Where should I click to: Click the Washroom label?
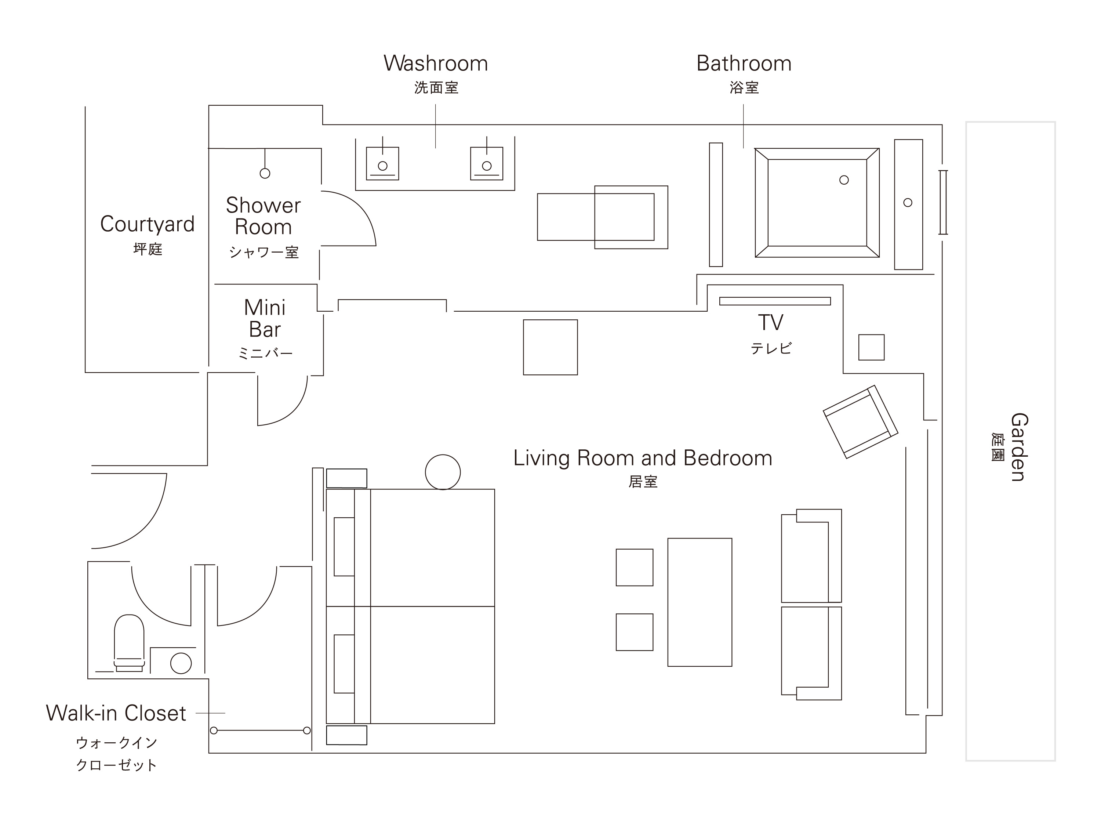pos(436,64)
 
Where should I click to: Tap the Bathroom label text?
pos(744,64)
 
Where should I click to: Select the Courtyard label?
pos(147,225)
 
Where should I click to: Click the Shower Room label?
pos(263,216)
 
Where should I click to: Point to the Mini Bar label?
pos(265,319)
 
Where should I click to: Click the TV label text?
pos(770,323)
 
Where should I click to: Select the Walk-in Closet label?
pos(116,713)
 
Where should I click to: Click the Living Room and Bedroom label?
pos(643,458)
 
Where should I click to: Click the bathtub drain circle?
pos(844,180)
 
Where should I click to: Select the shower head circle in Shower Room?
pos(265,173)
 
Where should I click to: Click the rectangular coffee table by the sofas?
pos(700,602)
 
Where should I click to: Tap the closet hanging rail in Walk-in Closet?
pos(260,731)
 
